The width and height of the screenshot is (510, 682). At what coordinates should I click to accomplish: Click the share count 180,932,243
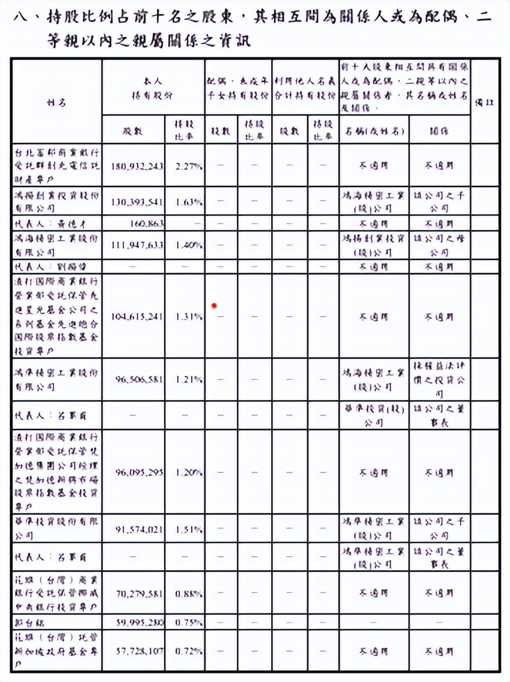pyautogui.click(x=137, y=166)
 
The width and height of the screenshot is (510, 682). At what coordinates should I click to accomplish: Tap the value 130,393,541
pyautogui.click(x=137, y=202)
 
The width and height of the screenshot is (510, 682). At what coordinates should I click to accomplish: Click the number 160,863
pyautogui.click(x=146, y=224)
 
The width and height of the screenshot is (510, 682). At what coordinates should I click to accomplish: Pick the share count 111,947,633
pyautogui.click(x=137, y=245)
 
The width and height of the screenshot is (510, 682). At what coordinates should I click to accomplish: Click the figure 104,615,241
pyautogui.click(x=137, y=317)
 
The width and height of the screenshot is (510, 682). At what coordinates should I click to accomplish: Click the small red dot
pyautogui.click(x=214, y=306)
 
